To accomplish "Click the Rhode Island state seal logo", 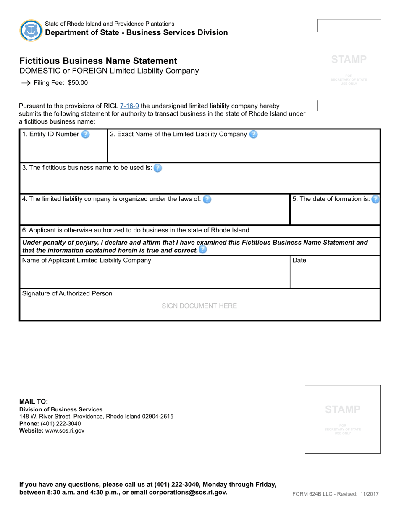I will point(31,30).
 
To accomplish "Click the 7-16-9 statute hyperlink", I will point(129,106).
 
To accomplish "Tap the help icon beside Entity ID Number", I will point(85,135).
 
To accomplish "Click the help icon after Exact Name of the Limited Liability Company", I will point(253,135).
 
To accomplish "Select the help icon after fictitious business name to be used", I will point(157,168).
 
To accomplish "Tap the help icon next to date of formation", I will point(375,199).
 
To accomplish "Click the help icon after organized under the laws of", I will point(207,199).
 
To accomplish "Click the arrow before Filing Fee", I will point(26,83).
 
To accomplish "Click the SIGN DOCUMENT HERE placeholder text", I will point(199,306).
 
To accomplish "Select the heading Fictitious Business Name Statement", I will point(98,61).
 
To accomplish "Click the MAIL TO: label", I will point(34,401).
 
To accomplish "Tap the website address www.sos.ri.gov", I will point(65,430).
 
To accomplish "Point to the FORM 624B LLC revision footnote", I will point(335,494).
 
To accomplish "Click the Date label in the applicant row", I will point(299,261).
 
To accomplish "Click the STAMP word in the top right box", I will point(349,60).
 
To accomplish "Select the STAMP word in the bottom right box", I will point(342,409).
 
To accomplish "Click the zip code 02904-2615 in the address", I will point(157,417).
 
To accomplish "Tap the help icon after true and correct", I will point(202,250).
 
